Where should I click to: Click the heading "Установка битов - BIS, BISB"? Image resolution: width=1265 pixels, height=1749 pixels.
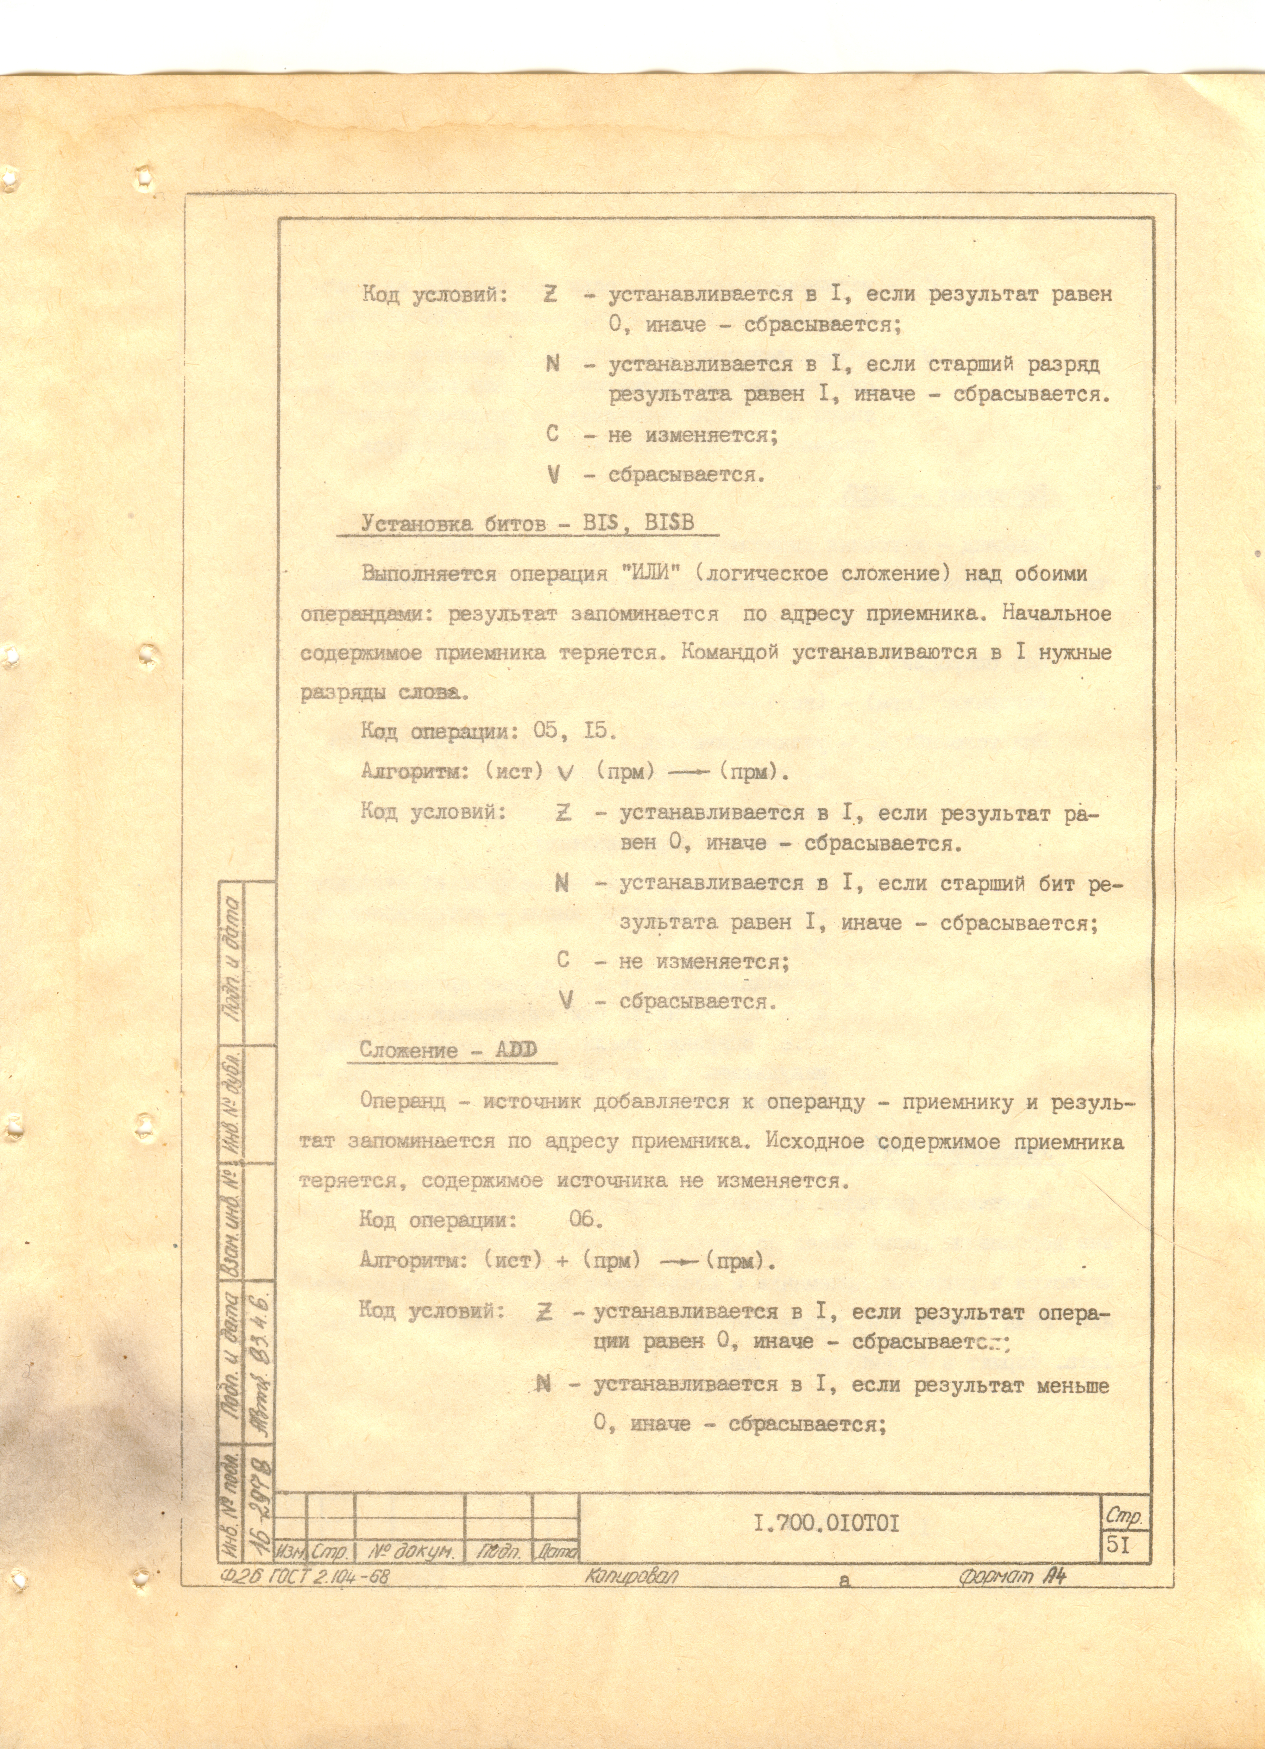click(x=528, y=524)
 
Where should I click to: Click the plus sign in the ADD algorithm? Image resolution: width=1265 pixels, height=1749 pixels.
click(x=562, y=1260)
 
